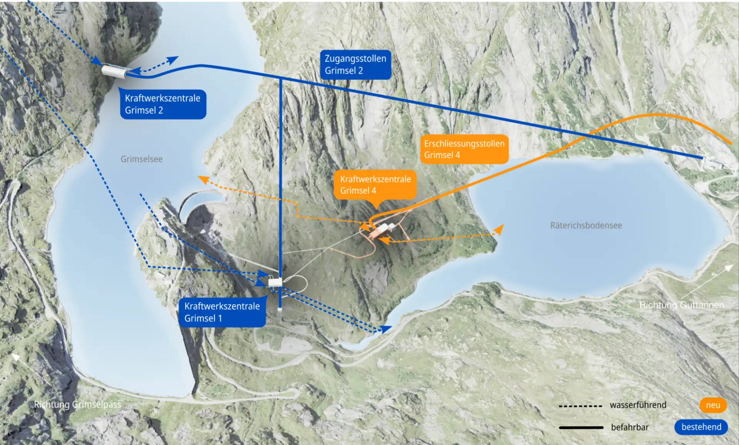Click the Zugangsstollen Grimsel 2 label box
tap(355, 65)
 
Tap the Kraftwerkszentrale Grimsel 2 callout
tap(163, 104)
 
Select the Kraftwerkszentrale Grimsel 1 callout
tap(222, 312)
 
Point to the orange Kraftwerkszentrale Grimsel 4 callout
tap(375, 185)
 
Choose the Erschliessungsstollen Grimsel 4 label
tap(464, 149)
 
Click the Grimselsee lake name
tap(142, 159)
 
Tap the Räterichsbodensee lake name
tap(586, 226)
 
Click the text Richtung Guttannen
tap(682, 305)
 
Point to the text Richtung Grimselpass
tap(77, 405)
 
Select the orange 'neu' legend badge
tap(713, 405)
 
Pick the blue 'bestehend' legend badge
tap(701, 427)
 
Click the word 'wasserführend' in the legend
tap(638, 405)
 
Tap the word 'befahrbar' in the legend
tap(630, 427)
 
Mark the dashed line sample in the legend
tap(580, 406)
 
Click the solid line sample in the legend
tap(581, 428)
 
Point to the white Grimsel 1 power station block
tap(275, 283)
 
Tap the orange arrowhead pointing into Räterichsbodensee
tap(499, 229)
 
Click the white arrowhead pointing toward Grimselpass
tap(16, 357)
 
